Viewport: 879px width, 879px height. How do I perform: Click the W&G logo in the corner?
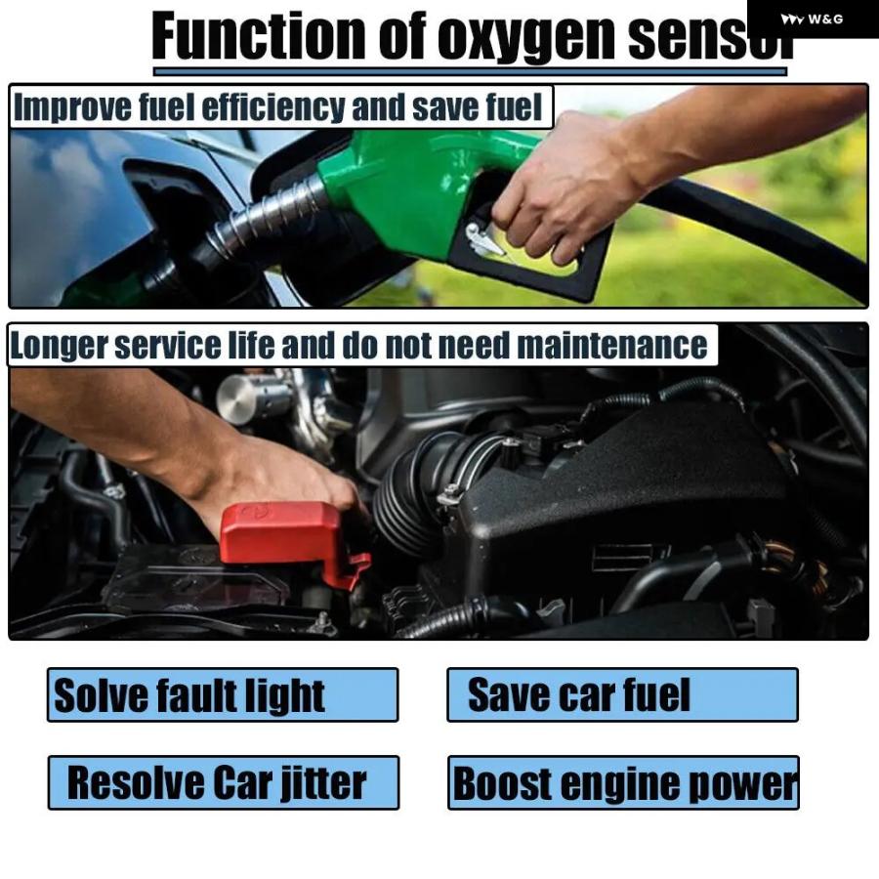813,19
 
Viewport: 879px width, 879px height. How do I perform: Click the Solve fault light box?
223,695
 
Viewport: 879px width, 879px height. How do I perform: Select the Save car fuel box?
622,695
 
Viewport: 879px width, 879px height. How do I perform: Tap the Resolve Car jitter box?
224,783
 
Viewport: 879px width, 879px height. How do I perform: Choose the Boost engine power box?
623,783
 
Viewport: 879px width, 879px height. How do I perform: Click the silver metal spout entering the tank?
264,220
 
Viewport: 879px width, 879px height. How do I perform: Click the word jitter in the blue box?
321,783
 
